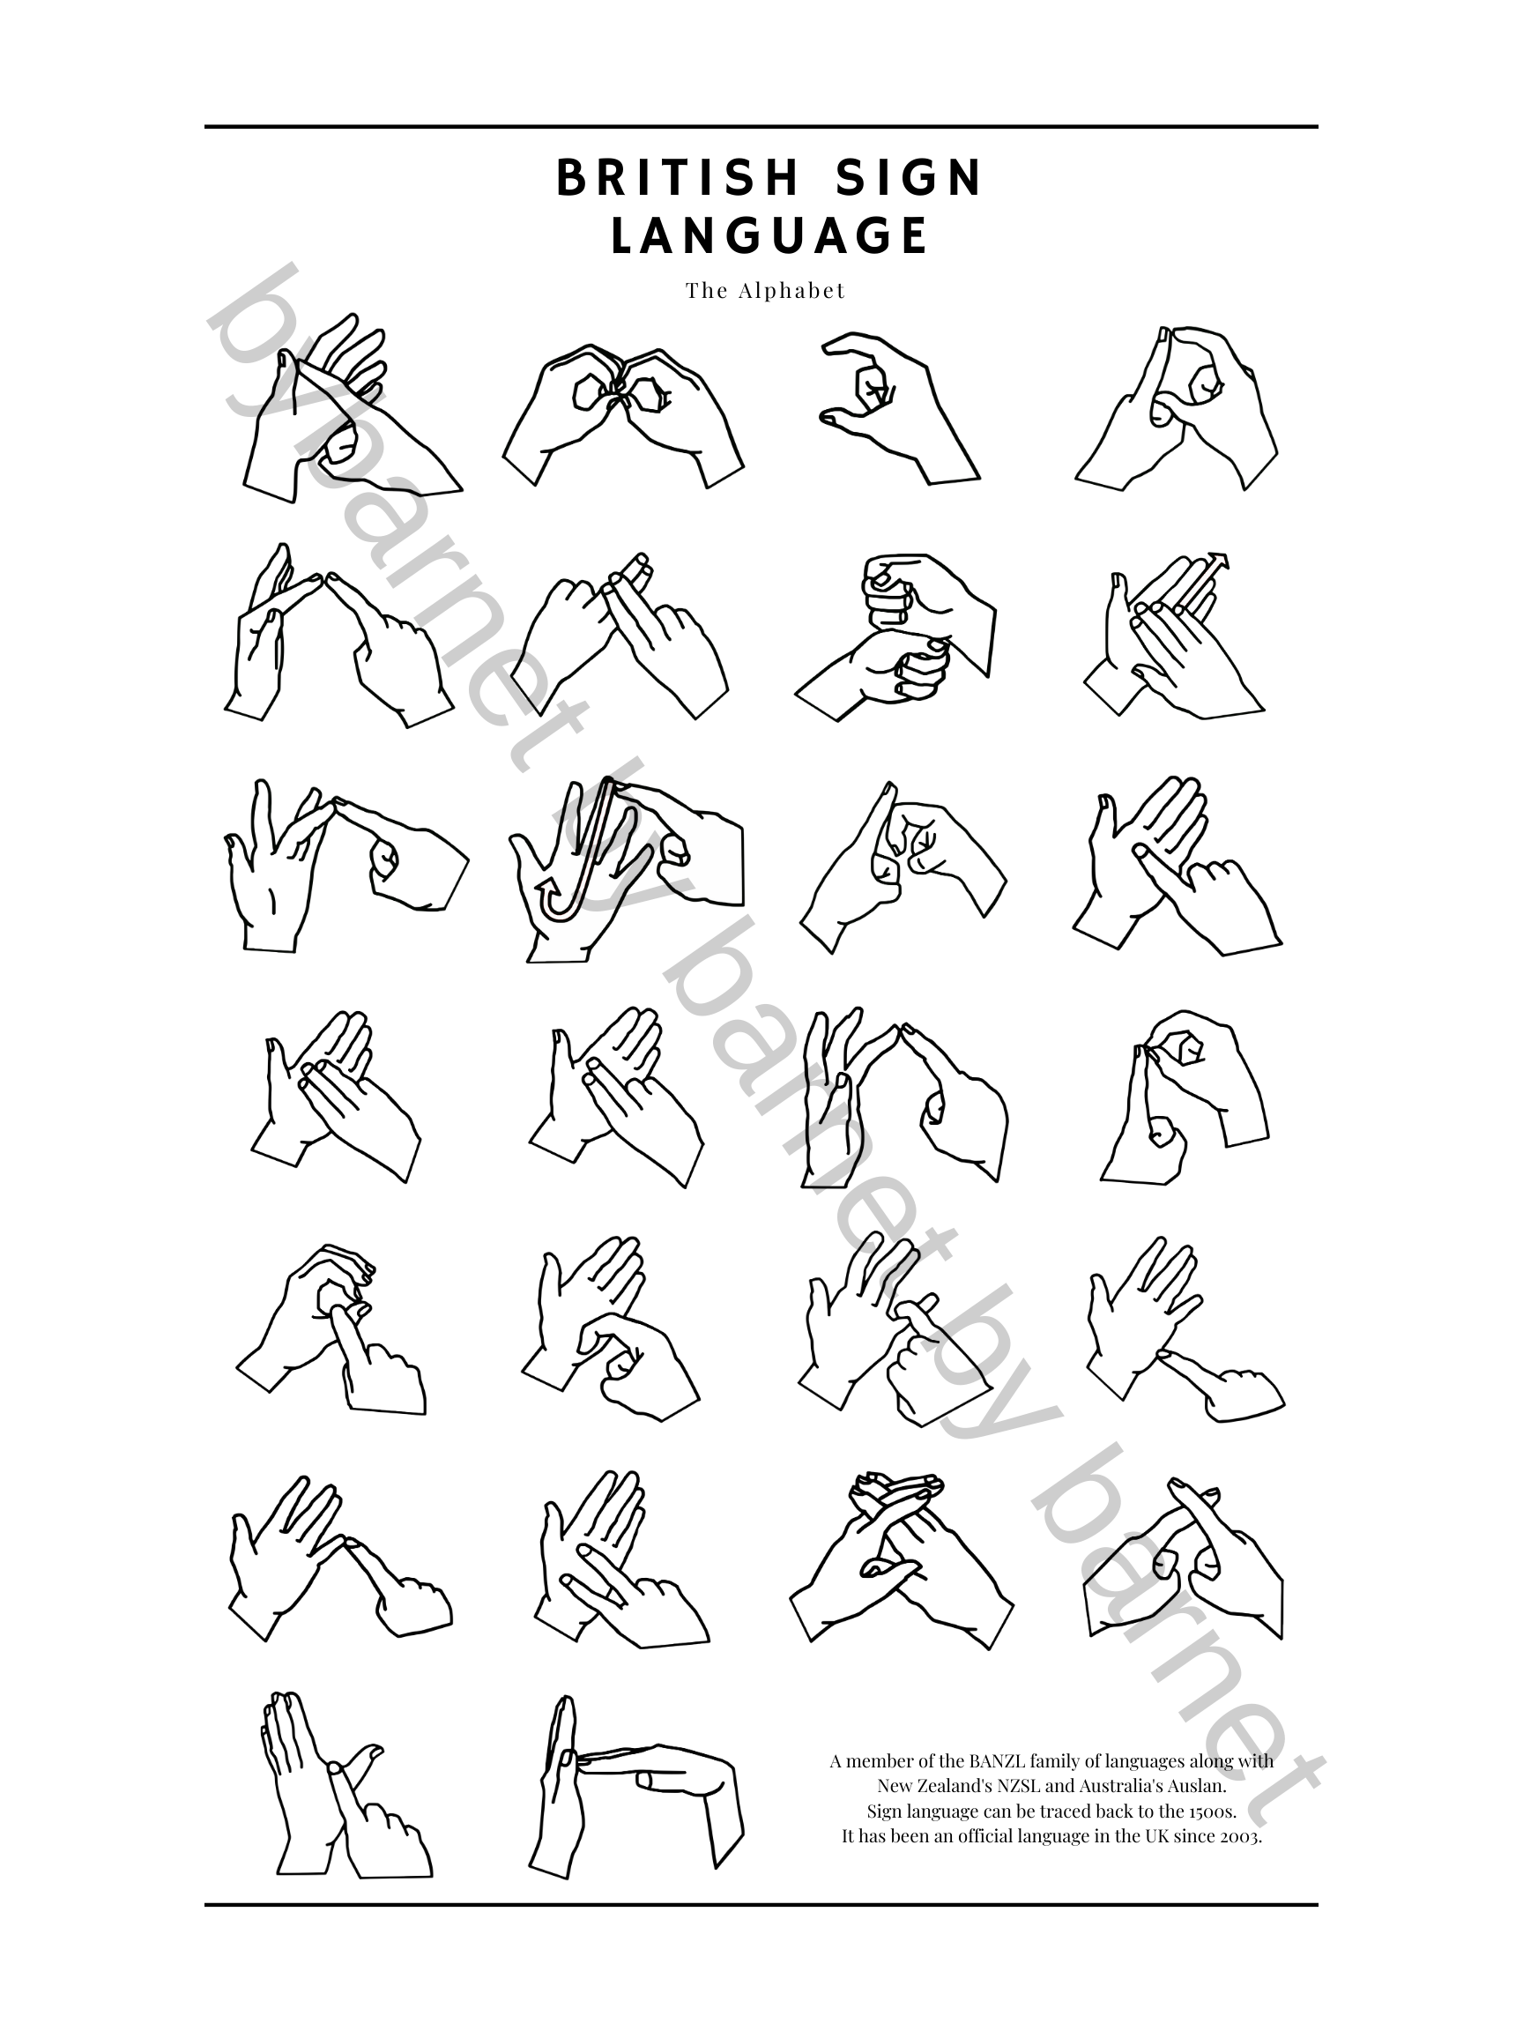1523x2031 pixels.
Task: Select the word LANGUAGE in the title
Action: (769, 236)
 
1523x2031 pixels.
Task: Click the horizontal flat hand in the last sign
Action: (675, 1772)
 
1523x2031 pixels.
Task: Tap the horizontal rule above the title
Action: (761, 127)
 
